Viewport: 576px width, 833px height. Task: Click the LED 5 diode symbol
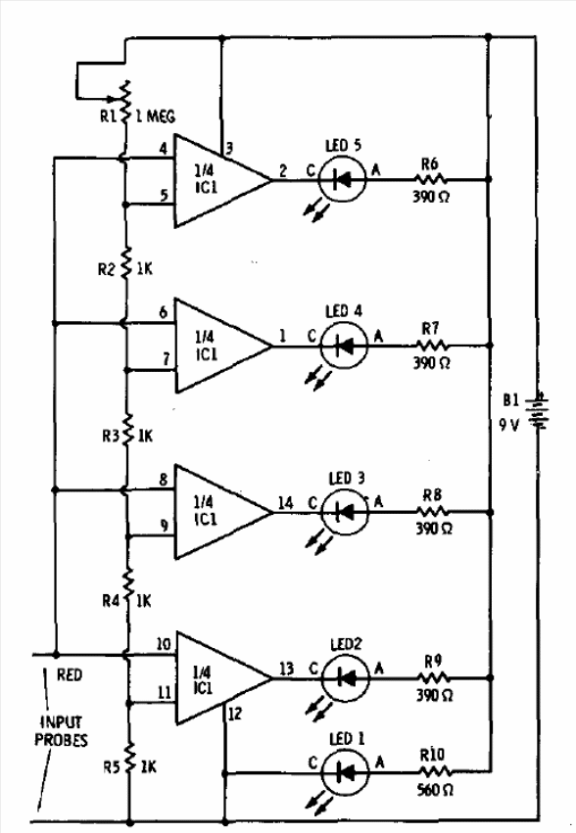tap(343, 179)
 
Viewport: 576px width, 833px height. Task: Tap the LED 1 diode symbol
tap(345, 772)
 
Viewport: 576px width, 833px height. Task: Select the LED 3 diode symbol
tap(345, 512)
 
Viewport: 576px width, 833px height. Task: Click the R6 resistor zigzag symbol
tap(430, 179)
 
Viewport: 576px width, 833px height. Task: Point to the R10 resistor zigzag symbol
tap(433, 771)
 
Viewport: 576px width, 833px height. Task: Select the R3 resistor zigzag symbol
tap(127, 429)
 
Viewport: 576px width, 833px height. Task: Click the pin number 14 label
tap(285, 502)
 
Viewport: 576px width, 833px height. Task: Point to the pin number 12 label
tap(234, 714)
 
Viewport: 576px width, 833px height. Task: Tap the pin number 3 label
tap(228, 147)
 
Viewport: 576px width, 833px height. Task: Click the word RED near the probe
tap(70, 674)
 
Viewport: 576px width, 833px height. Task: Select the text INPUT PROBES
tap(61, 730)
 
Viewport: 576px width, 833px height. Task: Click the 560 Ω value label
tap(435, 790)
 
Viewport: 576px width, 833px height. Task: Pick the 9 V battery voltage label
tap(508, 425)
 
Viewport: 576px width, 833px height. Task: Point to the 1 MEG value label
tap(156, 116)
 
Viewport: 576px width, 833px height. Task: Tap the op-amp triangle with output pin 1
tap(223, 346)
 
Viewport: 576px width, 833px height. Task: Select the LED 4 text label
tap(344, 310)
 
